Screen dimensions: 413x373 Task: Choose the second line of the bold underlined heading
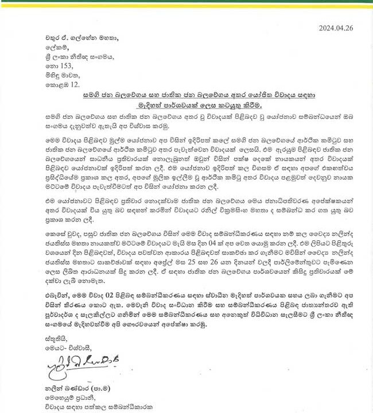[x=186, y=106]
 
